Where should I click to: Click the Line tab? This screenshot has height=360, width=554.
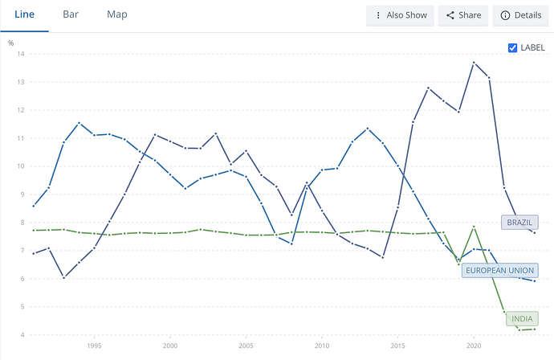24,14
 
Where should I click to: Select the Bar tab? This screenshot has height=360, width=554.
71,14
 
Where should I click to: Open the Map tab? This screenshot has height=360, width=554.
117,14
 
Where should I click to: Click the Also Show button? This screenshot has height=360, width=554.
400,15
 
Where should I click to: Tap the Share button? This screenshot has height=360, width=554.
463,15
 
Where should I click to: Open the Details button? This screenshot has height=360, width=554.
521,15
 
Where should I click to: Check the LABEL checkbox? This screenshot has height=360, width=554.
512,47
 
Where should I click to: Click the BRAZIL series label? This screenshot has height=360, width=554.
519,222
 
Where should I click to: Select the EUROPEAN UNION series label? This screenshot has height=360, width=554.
499,271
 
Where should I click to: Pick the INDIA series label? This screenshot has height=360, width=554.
522,319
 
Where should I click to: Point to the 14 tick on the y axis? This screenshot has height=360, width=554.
21,54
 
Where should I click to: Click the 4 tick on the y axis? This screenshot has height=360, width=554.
22,334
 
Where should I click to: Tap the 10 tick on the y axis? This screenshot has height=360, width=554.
21,166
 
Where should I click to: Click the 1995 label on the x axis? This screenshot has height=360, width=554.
94,346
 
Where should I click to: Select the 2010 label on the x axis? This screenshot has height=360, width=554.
322,346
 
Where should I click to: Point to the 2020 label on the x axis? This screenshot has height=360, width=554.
474,346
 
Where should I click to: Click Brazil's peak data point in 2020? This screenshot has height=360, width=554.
474,63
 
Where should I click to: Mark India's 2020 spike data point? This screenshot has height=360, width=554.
474,227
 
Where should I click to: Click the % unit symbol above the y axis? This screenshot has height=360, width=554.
11,43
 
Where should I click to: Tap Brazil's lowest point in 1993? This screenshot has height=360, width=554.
64,277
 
